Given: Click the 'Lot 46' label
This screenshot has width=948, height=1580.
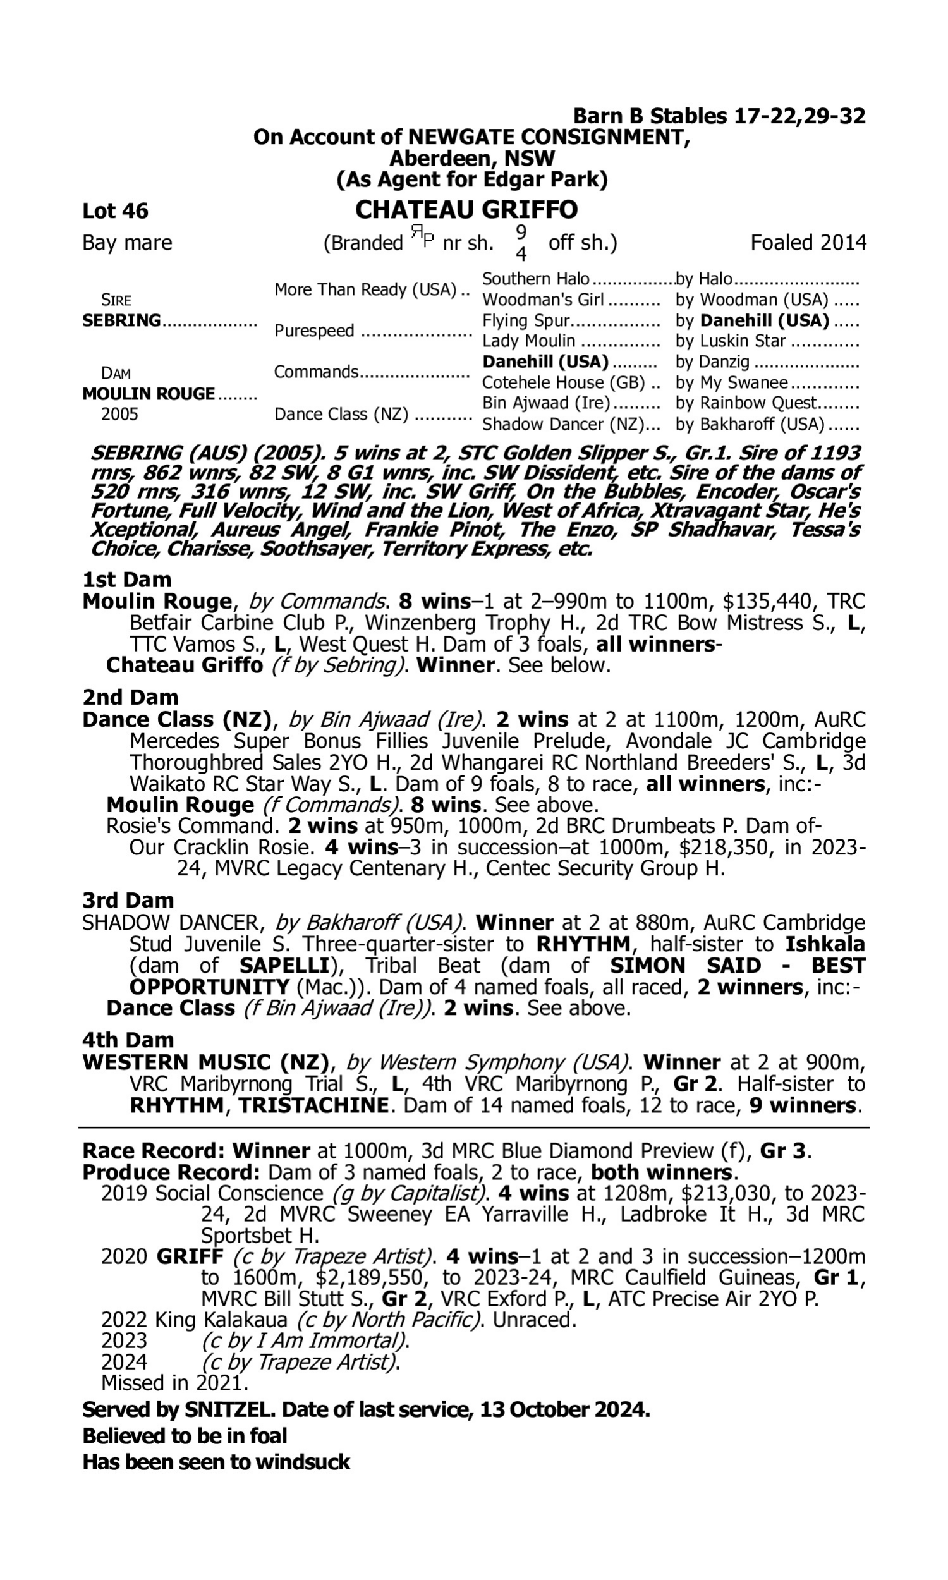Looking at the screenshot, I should [x=115, y=210].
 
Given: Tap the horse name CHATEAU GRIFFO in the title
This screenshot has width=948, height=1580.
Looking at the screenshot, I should [x=466, y=209].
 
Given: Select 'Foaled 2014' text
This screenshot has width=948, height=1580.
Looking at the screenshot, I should [x=808, y=243].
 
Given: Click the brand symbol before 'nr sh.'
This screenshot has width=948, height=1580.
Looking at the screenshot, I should [x=422, y=238].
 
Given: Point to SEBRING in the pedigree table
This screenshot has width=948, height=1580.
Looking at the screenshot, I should [x=121, y=320].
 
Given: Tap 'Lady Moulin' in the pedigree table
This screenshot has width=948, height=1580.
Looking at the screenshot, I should [x=528, y=341].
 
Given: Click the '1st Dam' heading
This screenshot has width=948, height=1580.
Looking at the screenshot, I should [x=127, y=580].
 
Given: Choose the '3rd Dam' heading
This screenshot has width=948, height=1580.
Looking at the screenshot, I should [x=128, y=900].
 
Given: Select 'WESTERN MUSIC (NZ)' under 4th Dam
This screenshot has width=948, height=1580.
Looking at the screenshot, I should [x=205, y=1062].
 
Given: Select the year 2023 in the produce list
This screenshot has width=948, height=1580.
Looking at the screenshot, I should [x=124, y=1340].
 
